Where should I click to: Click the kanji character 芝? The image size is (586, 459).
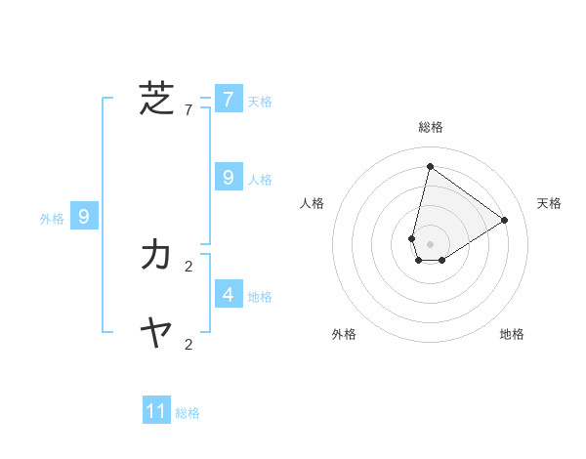[x=156, y=99]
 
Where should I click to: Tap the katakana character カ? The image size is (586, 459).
[x=156, y=255]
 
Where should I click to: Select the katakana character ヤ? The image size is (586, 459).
[x=156, y=334]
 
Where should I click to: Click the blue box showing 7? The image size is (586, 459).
[x=228, y=100]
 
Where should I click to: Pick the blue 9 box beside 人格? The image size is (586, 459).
[x=228, y=178]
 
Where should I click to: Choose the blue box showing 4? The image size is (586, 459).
[x=228, y=294]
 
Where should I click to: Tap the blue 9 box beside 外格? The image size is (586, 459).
[x=84, y=217]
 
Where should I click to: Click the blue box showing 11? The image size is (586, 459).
[x=156, y=411]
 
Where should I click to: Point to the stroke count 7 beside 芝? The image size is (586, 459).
[x=188, y=110]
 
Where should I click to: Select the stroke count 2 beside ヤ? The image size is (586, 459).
[x=188, y=344]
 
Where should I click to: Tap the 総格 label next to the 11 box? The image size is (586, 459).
[x=188, y=413]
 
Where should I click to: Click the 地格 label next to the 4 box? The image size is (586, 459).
[x=260, y=297]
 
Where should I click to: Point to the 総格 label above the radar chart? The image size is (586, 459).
[x=430, y=127]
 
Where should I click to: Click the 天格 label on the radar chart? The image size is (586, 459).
[x=549, y=203]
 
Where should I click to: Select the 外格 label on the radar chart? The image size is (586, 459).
[x=344, y=334]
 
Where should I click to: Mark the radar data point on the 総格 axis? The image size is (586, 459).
[x=430, y=166]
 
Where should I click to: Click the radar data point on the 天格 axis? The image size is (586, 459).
[x=504, y=220]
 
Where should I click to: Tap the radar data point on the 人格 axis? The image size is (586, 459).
[x=412, y=238]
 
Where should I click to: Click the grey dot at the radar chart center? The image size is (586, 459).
[x=430, y=244]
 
